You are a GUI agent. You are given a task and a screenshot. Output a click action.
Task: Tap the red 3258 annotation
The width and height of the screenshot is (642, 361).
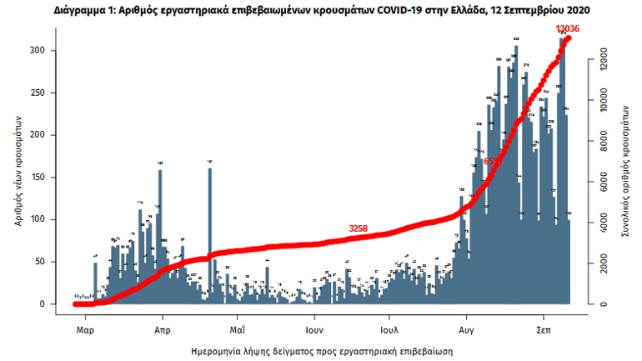tap(358, 228)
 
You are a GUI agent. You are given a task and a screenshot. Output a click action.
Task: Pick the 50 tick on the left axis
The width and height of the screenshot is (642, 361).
tap(48, 262)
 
